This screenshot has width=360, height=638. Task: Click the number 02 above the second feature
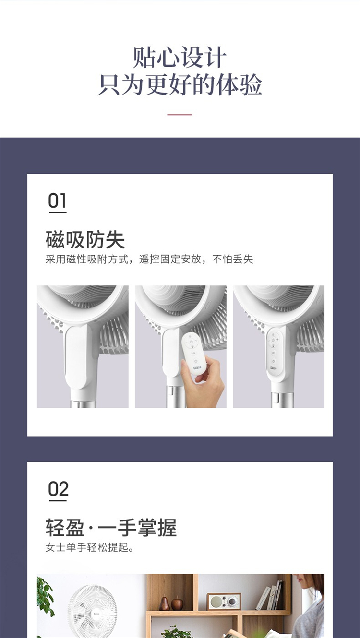coord(58,489)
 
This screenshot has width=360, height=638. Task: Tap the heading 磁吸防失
coord(85,240)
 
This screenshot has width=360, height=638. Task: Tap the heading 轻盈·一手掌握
coord(111,528)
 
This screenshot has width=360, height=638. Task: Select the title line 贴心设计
coord(180,58)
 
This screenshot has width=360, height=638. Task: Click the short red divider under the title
coord(180,115)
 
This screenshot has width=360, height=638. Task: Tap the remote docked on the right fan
coord(273,352)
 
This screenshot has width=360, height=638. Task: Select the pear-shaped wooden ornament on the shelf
coord(164,603)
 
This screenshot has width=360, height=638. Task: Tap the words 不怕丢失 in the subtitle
coord(233,260)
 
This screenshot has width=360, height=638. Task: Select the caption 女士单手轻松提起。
coord(90,547)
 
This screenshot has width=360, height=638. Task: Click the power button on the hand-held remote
coord(191,342)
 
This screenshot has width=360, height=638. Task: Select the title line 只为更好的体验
coord(180,84)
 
